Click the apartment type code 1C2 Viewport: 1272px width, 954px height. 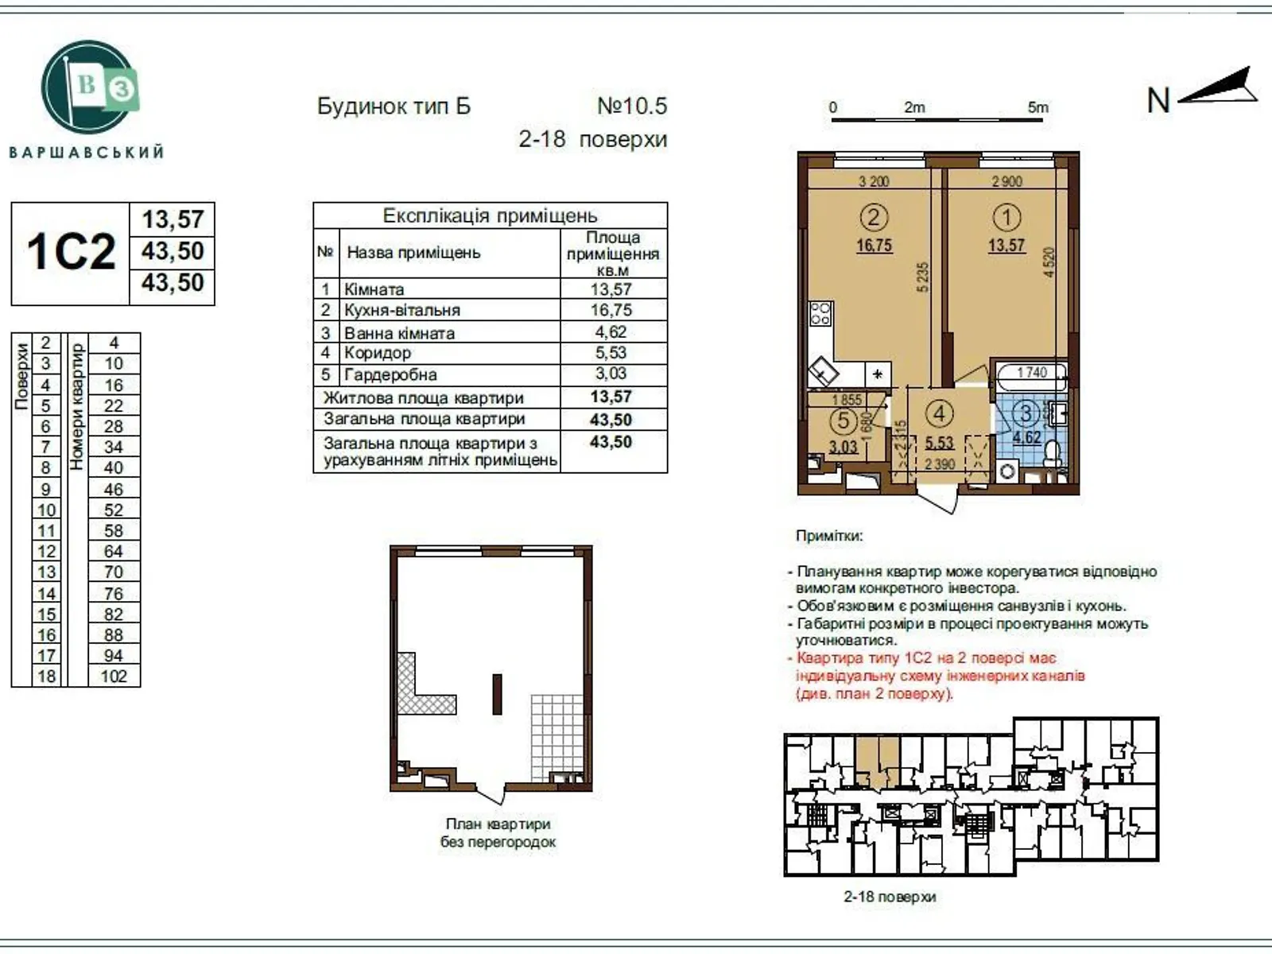coord(71,253)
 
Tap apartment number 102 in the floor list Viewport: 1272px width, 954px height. coord(114,677)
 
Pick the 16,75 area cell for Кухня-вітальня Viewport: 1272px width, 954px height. coord(611,310)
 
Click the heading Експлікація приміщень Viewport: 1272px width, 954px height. coord(490,215)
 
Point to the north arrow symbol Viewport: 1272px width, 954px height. coord(1216,87)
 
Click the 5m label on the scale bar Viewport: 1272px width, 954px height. coord(1037,107)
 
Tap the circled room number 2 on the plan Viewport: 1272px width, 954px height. coord(873,217)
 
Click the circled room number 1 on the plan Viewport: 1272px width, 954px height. coord(1006,217)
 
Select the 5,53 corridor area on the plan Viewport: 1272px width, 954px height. coord(940,444)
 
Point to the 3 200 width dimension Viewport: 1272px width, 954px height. coord(873,181)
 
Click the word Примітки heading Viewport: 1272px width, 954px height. coord(829,536)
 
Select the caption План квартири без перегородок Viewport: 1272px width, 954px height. coord(498,832)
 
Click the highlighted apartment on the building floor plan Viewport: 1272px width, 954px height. coord(877,761)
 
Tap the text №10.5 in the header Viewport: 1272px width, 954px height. coord(632,106)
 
